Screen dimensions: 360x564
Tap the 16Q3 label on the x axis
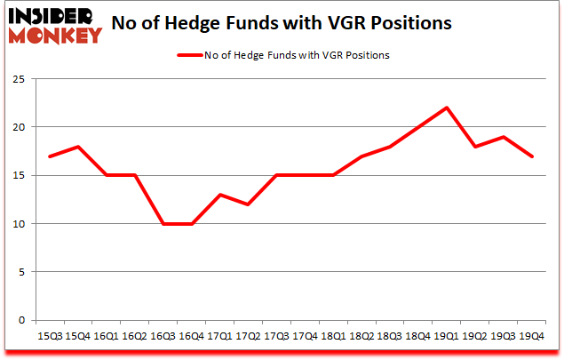coord(163,337)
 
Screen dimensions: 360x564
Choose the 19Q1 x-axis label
coord(445,337)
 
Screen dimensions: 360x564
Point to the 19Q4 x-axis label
coord(530,337)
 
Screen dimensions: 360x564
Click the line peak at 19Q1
coord(446,108)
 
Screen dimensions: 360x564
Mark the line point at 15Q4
coord(79,147)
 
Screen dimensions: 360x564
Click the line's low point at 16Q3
coord(163,224)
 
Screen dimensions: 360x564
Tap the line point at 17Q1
coord(220,195)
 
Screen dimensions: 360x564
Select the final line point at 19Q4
coord(531,156)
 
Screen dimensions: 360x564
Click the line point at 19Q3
coord(503,137)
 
